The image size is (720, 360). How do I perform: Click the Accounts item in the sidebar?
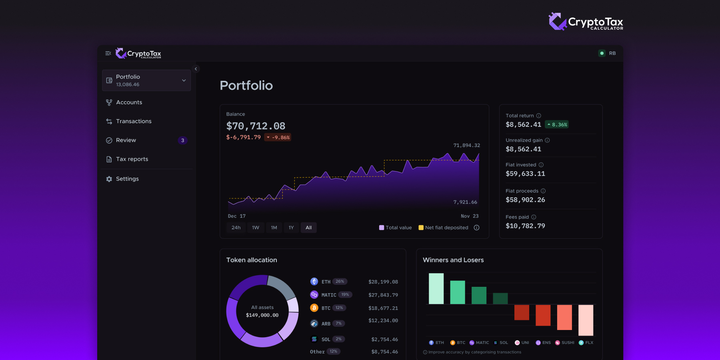click(129, 102)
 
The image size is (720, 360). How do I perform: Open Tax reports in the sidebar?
click(132, 159)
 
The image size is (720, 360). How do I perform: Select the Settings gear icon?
click(109, 179)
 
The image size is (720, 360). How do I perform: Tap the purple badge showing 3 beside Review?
click(182, 140)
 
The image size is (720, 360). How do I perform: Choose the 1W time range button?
click(256, 228)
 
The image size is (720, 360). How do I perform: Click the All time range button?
click(308, 228)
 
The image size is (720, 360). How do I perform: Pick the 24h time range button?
click(236, 228)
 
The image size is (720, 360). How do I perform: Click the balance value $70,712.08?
click(256, 126)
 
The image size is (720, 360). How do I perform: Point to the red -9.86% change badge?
click(278, 138)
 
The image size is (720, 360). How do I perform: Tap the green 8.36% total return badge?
click(557, 125)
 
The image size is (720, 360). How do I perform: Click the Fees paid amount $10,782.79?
click(525, 226)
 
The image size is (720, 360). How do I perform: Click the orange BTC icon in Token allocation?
click(314, 308)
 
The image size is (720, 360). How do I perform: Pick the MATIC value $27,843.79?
click(383, 295)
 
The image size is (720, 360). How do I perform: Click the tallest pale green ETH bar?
click(436, 288)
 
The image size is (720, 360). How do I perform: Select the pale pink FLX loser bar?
click(586, 320)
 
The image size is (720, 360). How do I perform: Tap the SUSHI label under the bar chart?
click(567, 343)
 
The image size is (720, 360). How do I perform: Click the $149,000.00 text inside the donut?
click(262, 315)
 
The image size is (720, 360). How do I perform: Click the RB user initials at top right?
click(612, 53)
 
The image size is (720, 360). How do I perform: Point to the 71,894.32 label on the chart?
click(466, 146)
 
